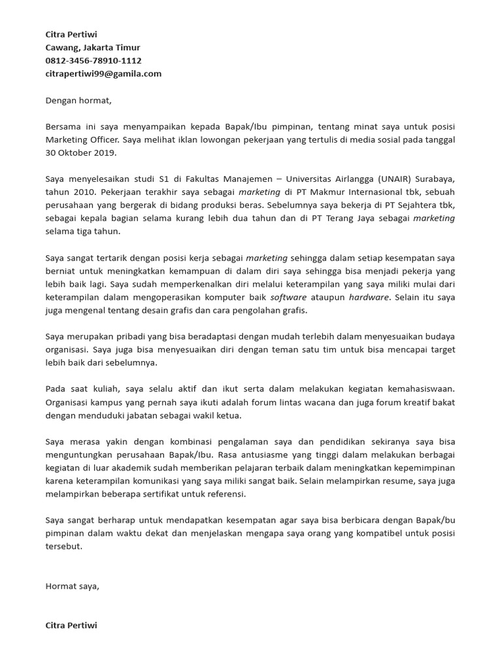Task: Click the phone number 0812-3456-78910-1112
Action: pos(93,60)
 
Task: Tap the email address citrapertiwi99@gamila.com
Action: pos(103,73)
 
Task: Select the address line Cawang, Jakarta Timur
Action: pos(93,47)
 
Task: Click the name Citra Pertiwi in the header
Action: pos(71,34)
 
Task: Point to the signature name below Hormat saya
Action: pos(71,625)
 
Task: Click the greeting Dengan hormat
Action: pos(78,100)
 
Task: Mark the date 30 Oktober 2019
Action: pos(80,152)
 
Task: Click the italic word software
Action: pos(288,297)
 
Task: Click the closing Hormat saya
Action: pos(72,586)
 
